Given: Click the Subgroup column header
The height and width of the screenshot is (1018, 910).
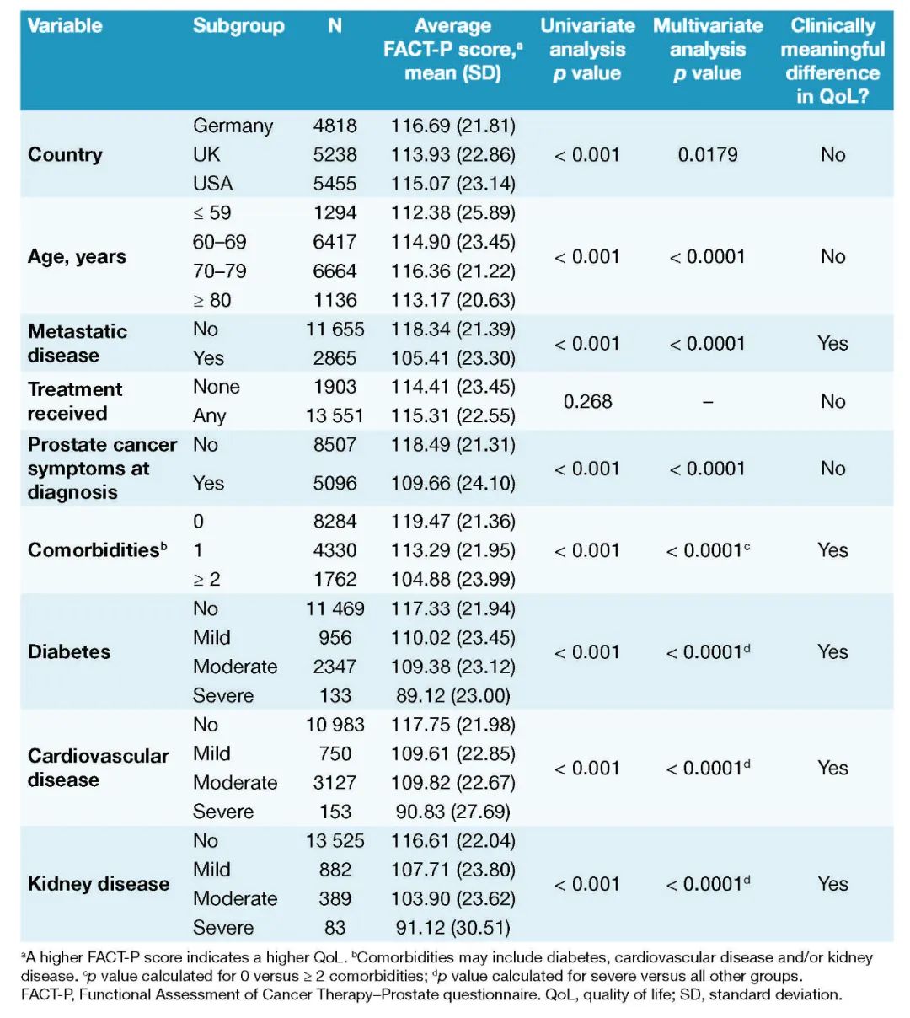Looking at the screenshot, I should (238, 26).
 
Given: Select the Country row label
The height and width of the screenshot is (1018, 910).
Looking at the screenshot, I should (65, 155).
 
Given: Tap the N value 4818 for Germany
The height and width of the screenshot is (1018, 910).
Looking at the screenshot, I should (335, 126).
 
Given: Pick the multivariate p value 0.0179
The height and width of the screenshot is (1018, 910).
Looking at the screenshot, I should (707, 155).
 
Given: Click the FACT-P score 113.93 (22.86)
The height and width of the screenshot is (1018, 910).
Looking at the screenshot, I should (452, 155).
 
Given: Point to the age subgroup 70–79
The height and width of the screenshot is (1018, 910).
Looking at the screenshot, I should (220, 271).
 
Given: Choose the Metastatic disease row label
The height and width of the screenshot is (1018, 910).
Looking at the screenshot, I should (78, 343).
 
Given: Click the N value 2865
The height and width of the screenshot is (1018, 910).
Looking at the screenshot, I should (335, 358).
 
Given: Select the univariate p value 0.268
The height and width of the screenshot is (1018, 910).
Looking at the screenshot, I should (587, 402).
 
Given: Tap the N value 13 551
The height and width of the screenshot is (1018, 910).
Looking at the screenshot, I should (335, 416).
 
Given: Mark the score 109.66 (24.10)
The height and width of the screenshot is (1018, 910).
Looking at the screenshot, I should (452, 484).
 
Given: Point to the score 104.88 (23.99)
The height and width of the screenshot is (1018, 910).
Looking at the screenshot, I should (452, 580).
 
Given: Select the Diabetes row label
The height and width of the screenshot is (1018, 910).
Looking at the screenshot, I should (69, 652).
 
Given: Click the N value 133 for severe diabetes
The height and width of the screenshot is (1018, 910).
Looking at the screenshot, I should (335, 696).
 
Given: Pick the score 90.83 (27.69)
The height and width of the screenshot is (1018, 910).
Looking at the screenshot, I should (452, 812).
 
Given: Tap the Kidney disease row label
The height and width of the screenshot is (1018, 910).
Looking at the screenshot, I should (99, 884).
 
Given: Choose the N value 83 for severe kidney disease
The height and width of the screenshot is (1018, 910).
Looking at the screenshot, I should (335, 929).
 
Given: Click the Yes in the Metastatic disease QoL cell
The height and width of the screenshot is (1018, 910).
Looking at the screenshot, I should (832, 344).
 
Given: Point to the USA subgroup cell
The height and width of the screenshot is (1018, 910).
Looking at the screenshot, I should (212, 184).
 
